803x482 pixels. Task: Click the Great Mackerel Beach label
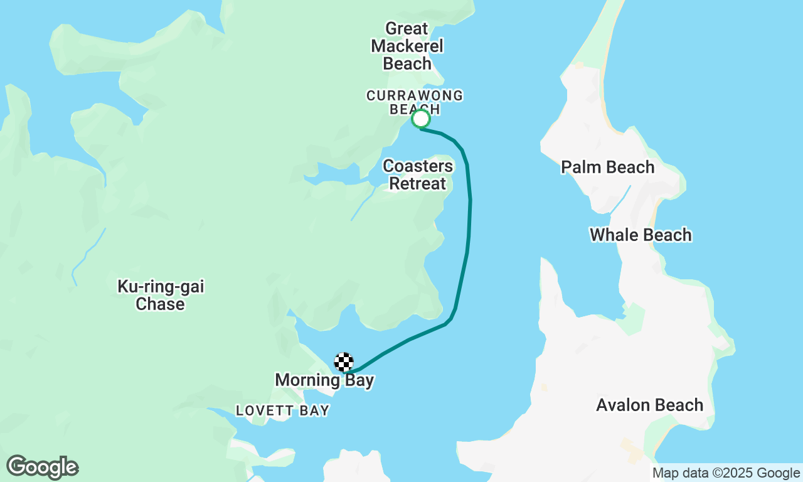(407, 46)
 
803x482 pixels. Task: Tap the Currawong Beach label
(415, 102)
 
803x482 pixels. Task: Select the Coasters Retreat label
(418, 175)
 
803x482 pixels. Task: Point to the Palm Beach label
(607, 168)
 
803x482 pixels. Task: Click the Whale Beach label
(641, 235)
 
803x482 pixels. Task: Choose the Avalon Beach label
(649, 405)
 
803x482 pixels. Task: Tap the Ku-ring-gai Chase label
(161, 296)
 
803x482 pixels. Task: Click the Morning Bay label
(324, 380)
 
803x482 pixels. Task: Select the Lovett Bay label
(282, 411)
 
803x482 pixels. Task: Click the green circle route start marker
(421, 119)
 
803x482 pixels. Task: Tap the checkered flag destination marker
(344, 362)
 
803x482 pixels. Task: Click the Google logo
(43, 468)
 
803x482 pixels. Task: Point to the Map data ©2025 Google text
(726, 473)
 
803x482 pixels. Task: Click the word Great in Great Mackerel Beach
(407, 29)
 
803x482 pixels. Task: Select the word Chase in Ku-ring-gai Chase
(161, 304)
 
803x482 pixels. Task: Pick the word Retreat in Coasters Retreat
(418, 184)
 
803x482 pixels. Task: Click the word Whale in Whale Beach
(612, 235)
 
